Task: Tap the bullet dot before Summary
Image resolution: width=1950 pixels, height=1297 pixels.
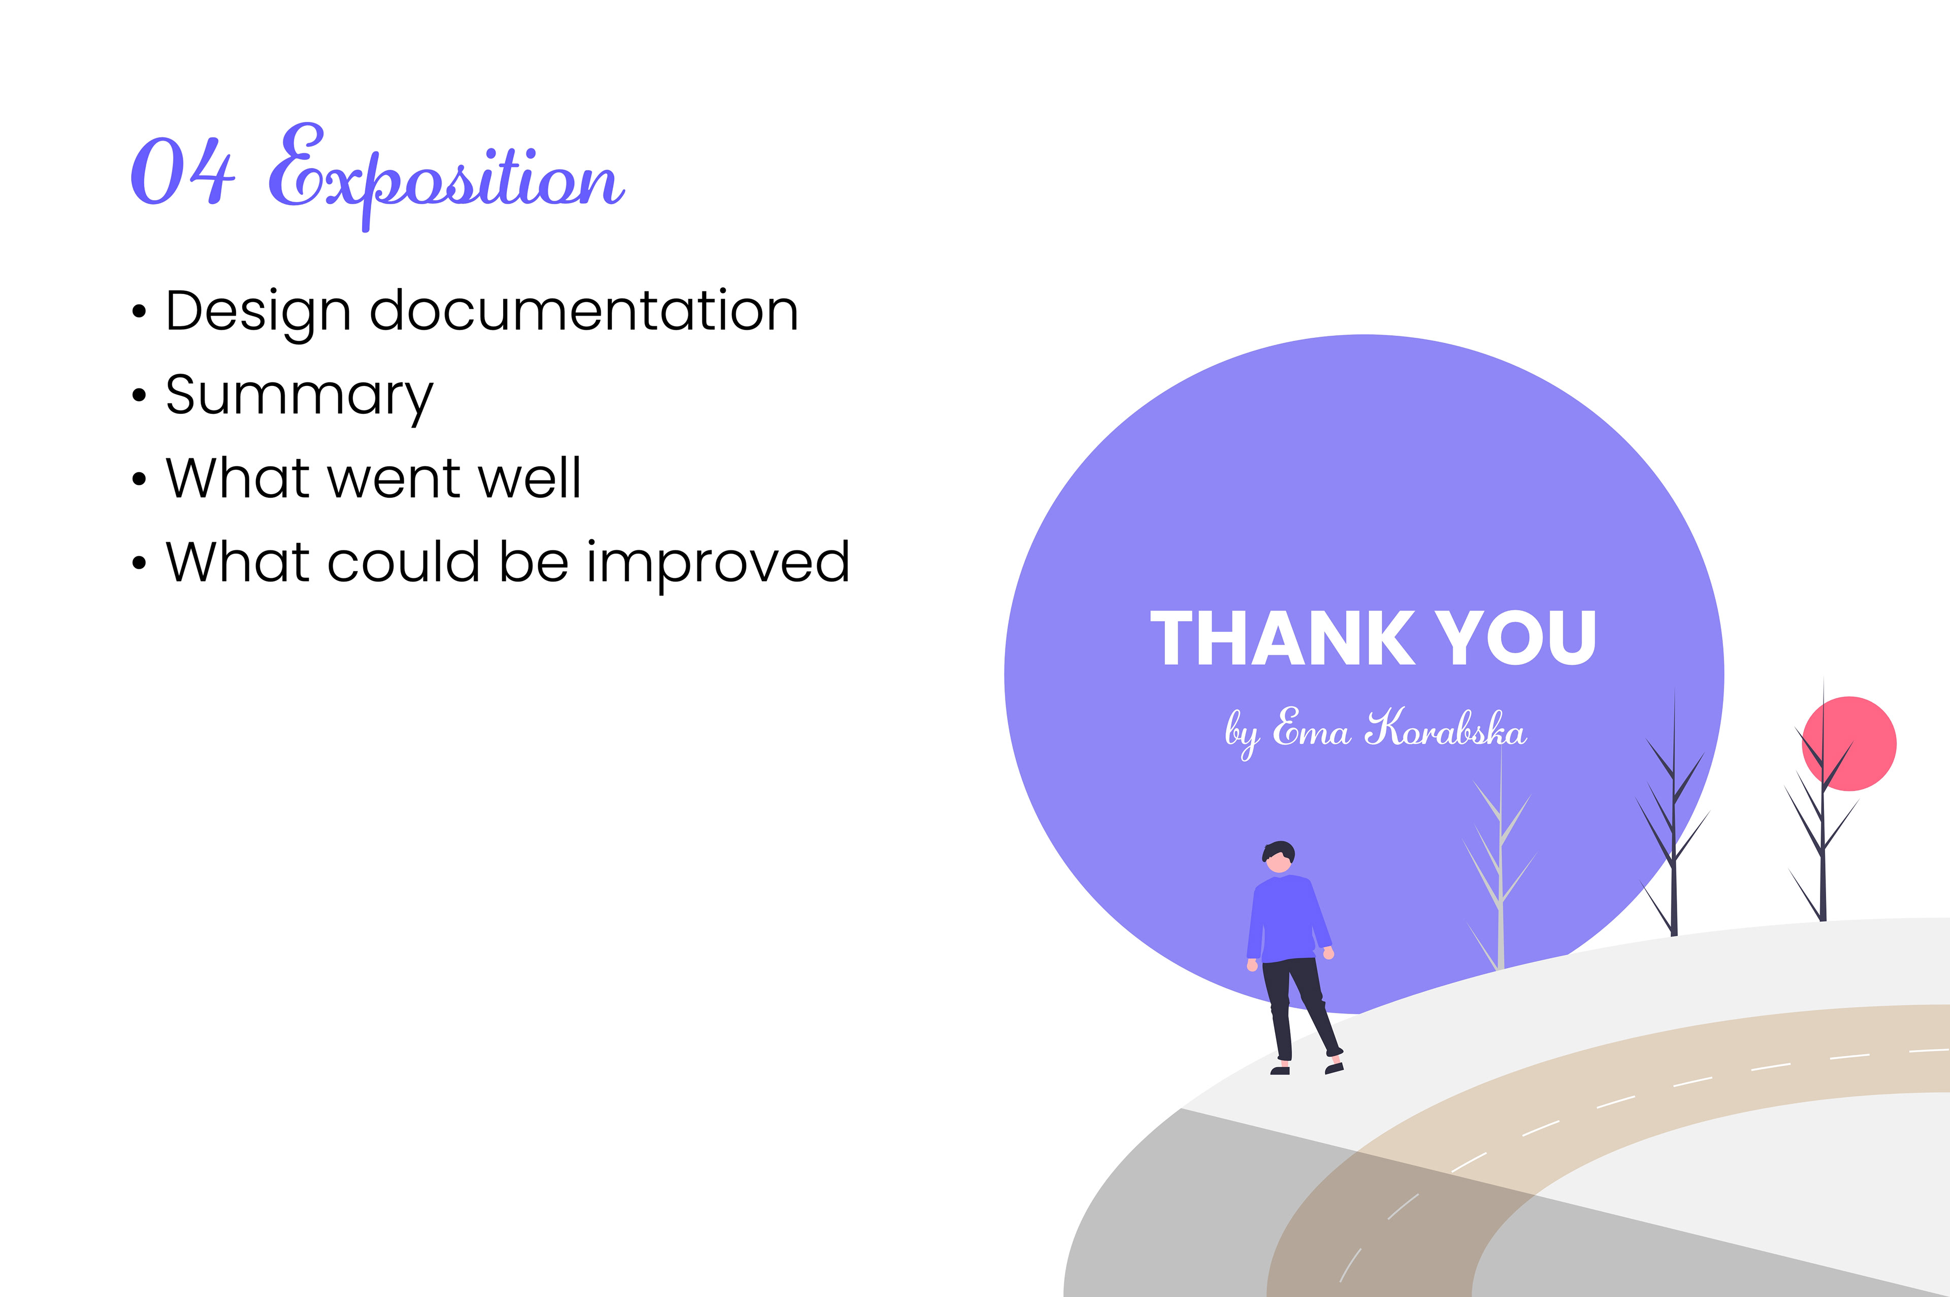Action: (x=139, y=396)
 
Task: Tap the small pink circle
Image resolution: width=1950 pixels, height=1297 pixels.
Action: (x=1849, y=743)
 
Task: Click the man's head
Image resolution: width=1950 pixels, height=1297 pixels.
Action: (x=1279, y=856)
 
